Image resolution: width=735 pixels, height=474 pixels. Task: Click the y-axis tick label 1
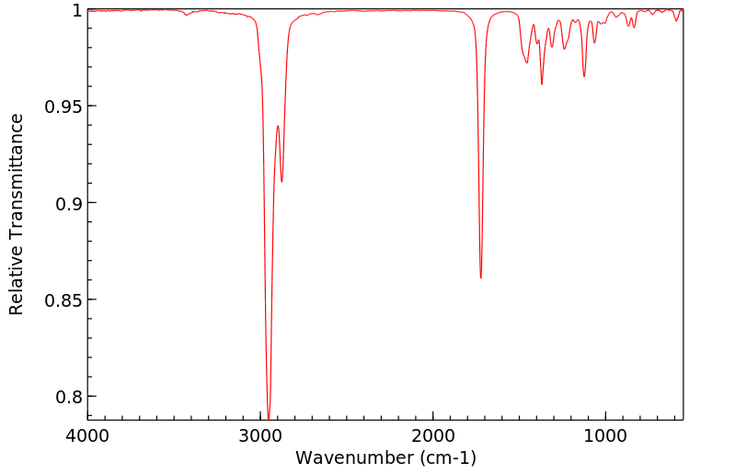76,10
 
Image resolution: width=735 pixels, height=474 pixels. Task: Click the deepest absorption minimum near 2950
269,418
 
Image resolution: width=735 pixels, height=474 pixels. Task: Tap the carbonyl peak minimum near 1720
481,277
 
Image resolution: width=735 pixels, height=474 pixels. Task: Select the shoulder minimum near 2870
281,182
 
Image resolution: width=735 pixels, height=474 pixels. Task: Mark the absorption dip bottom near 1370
542,84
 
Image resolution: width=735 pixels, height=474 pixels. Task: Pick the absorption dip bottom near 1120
584,76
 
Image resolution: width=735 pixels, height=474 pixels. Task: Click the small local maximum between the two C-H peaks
277,126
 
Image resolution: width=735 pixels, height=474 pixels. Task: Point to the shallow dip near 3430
187,15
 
